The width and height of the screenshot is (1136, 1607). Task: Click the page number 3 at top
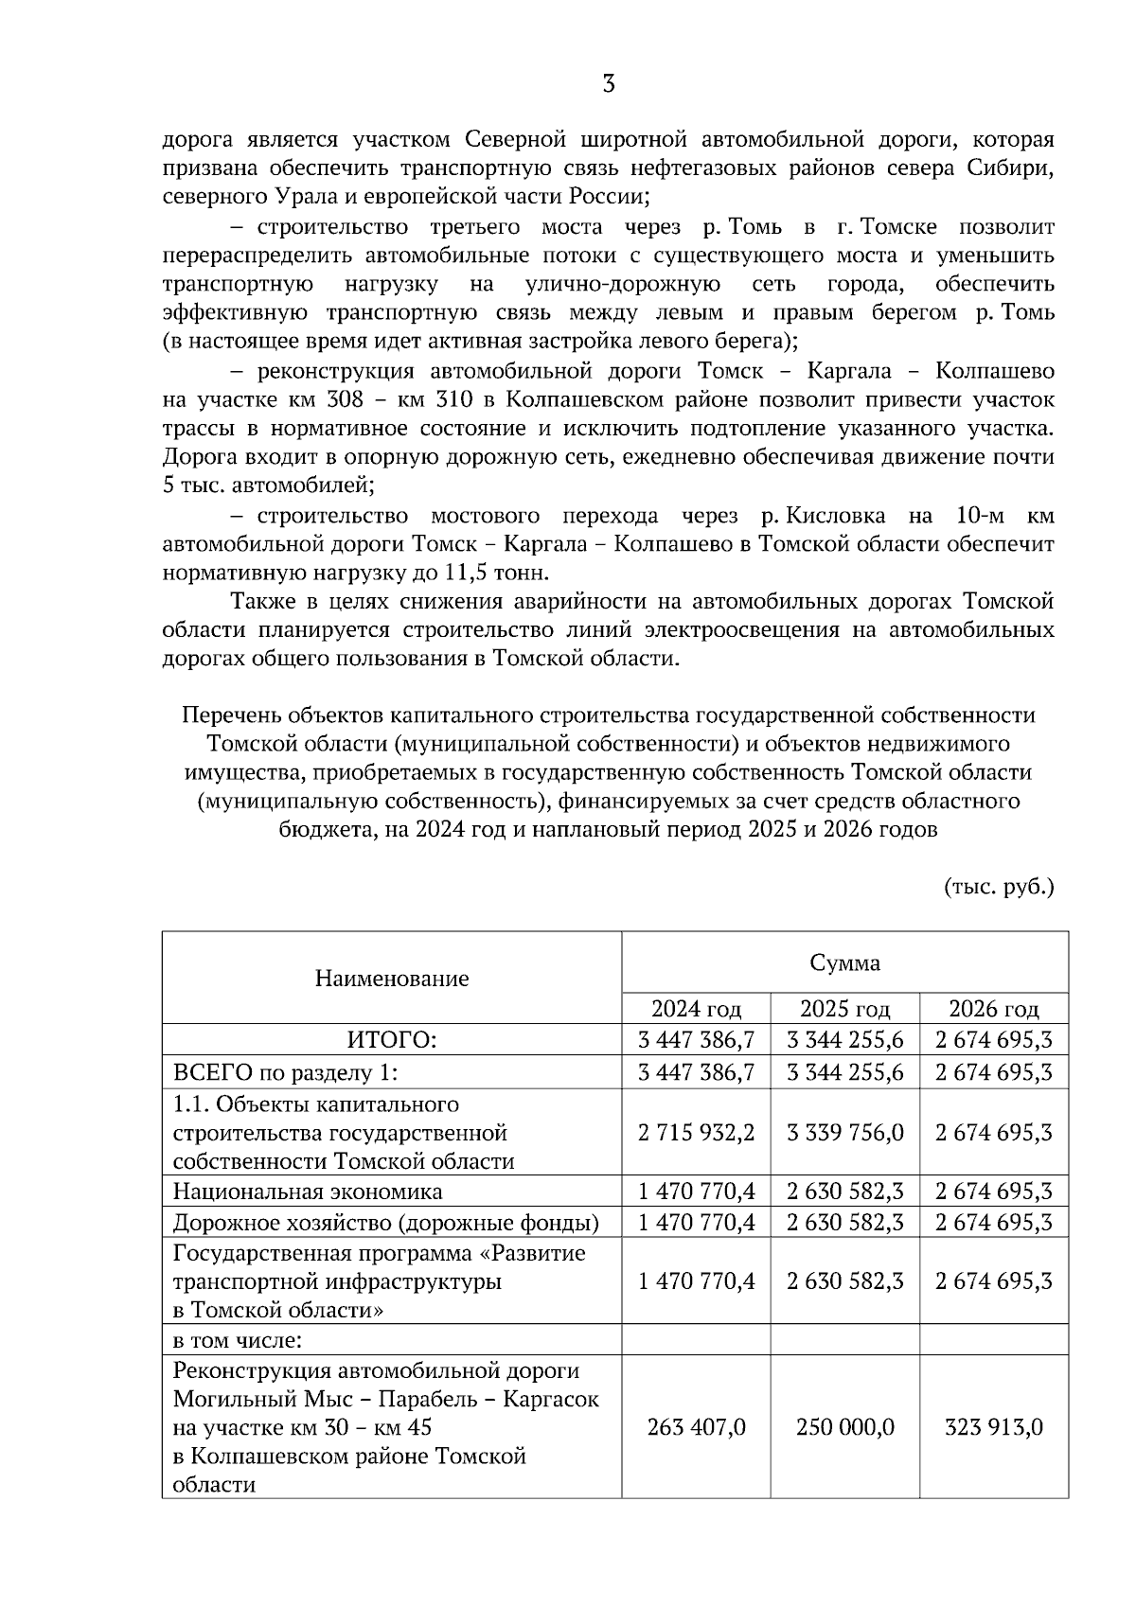609,84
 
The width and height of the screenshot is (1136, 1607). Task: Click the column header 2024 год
696,1008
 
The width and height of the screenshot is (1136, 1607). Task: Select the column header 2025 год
844,1008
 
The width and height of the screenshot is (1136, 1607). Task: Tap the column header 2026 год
994,1008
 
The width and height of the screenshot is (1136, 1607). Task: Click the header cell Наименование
391,978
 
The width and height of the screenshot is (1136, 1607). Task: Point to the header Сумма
844,962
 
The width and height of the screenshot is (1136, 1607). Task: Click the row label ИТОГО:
391,1040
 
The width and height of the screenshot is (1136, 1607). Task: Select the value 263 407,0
696,1426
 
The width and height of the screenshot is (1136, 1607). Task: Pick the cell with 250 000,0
844,1426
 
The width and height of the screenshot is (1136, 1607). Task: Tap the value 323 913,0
994,1426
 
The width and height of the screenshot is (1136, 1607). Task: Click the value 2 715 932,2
696,1132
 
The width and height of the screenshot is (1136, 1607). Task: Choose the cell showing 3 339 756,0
844,1132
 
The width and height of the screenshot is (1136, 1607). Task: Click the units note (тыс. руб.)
999,887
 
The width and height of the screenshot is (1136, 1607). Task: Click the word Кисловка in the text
837,516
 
